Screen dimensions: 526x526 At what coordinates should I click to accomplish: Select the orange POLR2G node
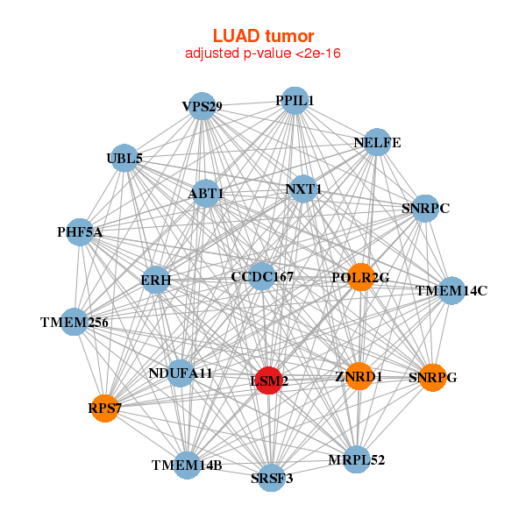coord(360,277)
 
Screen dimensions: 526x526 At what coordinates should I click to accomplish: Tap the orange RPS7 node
coord(104,408)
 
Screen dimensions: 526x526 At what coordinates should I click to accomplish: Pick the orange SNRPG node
coord(432,378)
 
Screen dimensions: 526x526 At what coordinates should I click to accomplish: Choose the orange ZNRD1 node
coord(359,377)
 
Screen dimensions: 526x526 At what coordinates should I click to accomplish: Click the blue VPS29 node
coord(202,106)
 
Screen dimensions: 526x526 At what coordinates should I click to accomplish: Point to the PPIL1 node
coord(295,101)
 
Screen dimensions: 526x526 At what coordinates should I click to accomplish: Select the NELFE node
coord(376,142)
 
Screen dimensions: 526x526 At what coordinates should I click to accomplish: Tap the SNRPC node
coord(425,209)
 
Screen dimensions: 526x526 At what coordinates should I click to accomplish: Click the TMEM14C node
coord(451,290)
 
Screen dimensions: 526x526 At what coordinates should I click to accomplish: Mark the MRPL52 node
coord(356,459)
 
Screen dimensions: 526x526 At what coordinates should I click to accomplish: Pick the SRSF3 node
coord(272,478)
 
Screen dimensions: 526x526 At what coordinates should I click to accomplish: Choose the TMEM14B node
coord(187,466)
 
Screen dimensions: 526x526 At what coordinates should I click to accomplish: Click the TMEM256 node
coord(75,322)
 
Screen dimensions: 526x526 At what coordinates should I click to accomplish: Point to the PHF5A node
coord(80,232)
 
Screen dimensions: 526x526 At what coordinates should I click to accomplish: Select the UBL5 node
coord(124,159)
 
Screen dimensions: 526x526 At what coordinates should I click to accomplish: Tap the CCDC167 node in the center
coord(262,277)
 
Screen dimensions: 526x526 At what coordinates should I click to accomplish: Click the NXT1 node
coord(303,188)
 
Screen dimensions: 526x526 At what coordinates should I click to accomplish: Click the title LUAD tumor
coord(263,36)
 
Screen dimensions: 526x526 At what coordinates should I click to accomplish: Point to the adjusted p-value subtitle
coord(263,53)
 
